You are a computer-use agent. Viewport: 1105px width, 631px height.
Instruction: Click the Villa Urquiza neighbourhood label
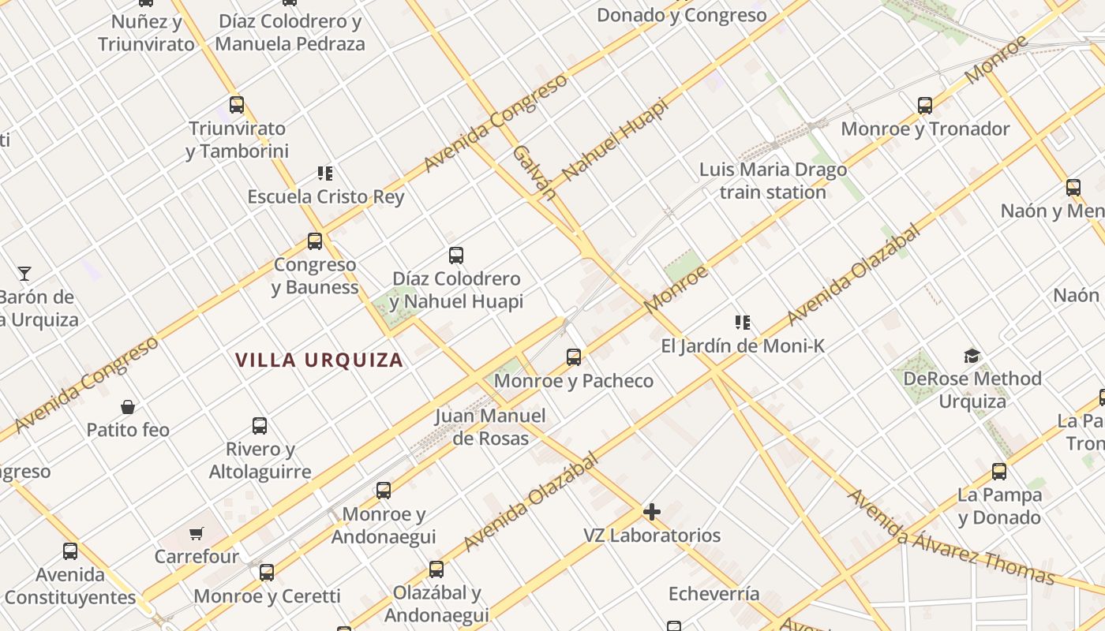[319, 360]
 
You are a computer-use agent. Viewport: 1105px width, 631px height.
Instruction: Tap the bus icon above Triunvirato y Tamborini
[236, 104]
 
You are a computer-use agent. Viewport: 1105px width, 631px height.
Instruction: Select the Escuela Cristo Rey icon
[324, 173]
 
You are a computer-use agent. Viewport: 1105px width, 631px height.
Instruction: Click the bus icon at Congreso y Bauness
[315, 241]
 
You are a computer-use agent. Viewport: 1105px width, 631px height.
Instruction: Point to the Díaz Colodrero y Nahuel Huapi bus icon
[456, 255]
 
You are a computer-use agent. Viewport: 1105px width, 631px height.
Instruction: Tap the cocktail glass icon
[24, 274]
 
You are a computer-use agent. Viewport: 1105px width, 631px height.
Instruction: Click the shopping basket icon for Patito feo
[128, 407]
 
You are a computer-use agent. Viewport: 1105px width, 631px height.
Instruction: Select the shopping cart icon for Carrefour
[197, 534]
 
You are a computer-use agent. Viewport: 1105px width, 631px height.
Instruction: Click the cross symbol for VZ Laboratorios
[651, 512]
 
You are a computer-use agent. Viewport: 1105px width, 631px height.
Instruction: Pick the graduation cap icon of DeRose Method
[972, 356]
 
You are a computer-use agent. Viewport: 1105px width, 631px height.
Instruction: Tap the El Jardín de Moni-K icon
[742, 322]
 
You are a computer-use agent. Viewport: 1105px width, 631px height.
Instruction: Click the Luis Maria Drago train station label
[773, 181]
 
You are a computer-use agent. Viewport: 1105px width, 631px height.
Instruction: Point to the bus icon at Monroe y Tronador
[925, 105]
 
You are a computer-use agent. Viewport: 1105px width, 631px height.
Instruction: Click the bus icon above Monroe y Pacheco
[574, 357]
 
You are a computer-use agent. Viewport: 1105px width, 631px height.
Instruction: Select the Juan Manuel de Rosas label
[490, 427]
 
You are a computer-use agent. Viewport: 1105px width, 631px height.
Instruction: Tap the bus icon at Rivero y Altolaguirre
[260, 426]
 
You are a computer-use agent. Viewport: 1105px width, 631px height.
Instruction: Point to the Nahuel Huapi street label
[615, 139]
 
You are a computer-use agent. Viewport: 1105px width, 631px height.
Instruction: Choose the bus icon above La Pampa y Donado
[999, 472]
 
